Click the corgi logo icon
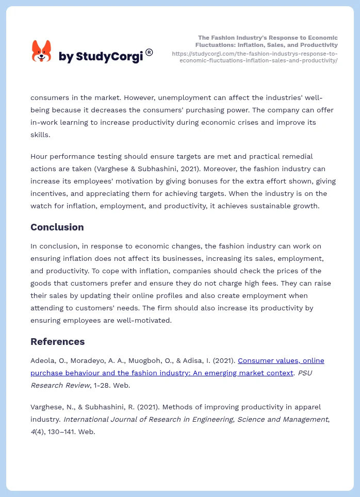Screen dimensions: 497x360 (x=41, y=52)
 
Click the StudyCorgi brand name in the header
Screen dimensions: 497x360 (x=101, y=57)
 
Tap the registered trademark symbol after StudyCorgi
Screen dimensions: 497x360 (x=149, y=52)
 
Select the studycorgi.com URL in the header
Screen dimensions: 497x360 (x=255, y=57)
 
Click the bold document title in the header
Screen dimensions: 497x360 (x=268, y=41)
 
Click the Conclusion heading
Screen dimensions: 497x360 (x=57, y=227)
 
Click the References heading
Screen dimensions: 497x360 (x=57, y=342)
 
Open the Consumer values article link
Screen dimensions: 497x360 (x=281, y=360)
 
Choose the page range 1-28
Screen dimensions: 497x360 (x=102, y=385)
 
